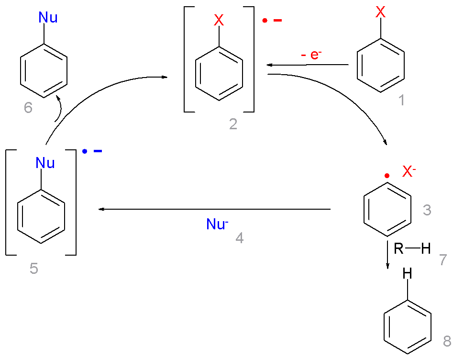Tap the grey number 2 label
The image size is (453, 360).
point(233,124)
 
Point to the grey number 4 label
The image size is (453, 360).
point(239,237)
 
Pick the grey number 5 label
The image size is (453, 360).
point(33,269)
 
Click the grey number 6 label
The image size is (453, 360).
point(28,108)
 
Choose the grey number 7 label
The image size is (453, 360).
point(442,260)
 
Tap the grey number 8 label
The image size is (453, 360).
point(446,341)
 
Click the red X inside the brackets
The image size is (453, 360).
point(218,21)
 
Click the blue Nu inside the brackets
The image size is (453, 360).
point(45,163)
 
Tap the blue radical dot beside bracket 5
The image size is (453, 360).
point(84,152)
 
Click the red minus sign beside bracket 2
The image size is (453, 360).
point(277,21)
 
